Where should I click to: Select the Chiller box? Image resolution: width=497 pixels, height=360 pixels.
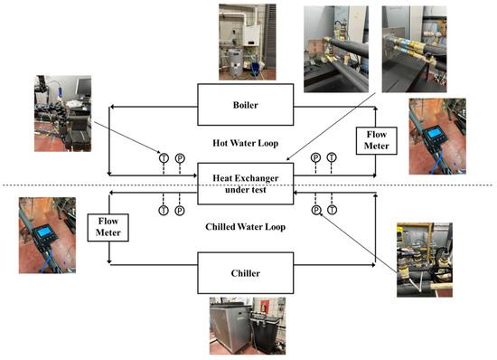[245, 269]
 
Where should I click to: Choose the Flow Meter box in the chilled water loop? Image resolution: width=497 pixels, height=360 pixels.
[110, 227]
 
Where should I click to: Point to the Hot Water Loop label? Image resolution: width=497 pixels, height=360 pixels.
[245, 142]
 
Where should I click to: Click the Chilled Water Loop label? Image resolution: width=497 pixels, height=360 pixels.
[245, 226]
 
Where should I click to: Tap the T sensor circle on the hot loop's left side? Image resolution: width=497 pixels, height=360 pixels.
[164, 157]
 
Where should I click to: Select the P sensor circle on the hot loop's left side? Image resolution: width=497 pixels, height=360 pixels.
[179, 157]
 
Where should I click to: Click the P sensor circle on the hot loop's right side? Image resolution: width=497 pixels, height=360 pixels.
[315, 157]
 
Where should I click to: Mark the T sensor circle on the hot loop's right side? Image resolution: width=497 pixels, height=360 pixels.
[332, 157]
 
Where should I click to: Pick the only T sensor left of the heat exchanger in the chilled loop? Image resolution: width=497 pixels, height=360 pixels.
[164, 210]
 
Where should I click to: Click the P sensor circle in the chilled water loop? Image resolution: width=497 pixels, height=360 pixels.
[315, 210]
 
